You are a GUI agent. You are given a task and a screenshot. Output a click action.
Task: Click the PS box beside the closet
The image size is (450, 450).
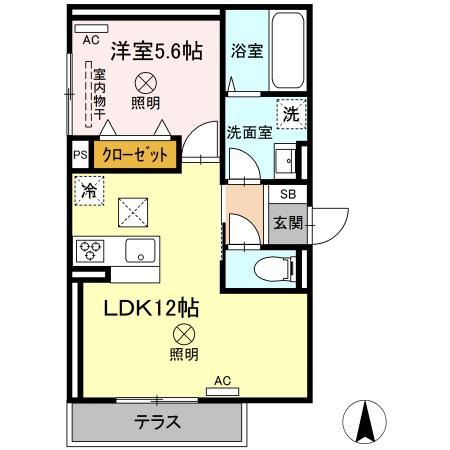click(x=80, y=155)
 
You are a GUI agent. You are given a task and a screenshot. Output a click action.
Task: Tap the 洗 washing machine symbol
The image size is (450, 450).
click(x=291, y=113)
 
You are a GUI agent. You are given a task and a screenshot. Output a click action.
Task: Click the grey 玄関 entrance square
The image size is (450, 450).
click(x=288, y=222)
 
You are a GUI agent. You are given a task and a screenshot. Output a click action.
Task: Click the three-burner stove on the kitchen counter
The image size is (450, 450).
click(x=90, y=248)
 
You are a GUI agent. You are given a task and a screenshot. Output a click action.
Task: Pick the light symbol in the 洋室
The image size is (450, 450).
click(x=145, y=82)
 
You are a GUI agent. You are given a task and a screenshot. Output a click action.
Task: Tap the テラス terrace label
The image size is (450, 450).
click(x=157, y=422)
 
